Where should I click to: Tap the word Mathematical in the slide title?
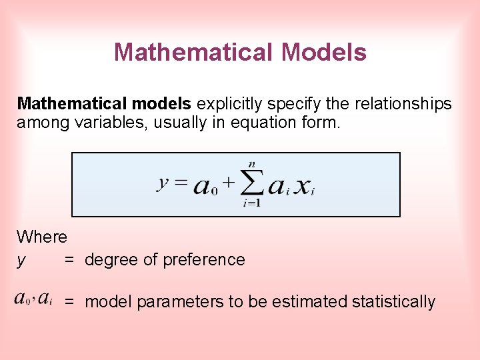[194, 52]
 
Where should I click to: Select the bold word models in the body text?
[161, 104]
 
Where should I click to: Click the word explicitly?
[227, 104]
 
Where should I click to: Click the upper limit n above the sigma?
[251, 164]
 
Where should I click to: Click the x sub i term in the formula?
[305, 187]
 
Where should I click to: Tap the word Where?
[42, 237]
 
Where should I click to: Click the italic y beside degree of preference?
[21, 260]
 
